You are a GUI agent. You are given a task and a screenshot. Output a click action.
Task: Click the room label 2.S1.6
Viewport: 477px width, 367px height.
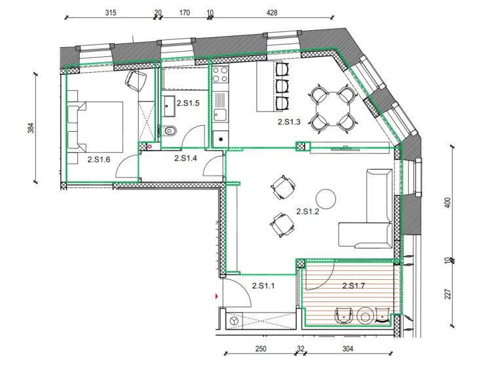coord(99,159)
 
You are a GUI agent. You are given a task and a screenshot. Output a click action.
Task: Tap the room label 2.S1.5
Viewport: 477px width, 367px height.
coord(188,103)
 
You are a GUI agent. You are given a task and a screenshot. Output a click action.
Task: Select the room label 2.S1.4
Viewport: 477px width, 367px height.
coord(185,158)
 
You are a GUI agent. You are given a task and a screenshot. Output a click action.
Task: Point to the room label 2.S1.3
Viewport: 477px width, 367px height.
coord(289,122)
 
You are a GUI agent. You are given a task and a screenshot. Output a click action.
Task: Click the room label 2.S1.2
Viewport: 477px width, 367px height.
coord(308,212)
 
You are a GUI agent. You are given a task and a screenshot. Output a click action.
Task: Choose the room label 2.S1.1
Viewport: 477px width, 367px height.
coord(263,286)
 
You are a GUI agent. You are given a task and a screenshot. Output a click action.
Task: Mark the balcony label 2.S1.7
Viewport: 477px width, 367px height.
coord(354,286)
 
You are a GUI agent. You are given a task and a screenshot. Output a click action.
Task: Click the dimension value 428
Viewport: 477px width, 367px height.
coord(272,12)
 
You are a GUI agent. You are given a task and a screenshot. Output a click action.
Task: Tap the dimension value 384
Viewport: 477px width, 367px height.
coord(31,128)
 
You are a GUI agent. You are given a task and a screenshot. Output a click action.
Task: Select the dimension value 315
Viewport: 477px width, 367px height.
coord(111,12)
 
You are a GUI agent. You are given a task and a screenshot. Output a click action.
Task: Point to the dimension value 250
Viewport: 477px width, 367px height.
coord(260,349)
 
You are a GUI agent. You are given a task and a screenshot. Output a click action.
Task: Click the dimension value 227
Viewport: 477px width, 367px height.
coord(448,294)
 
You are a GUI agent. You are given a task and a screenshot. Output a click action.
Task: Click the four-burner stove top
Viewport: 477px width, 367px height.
coord(220,75)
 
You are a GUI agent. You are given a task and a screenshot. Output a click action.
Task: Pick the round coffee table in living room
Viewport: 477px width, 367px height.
coord(326,199)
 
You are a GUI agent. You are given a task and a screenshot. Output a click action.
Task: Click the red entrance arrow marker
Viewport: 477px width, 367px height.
coord(217,296)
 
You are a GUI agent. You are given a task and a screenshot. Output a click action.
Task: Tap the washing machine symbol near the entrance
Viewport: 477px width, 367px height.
coord(235,320)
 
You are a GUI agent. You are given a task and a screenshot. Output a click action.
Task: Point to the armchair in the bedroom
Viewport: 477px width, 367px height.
coord(136,81)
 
